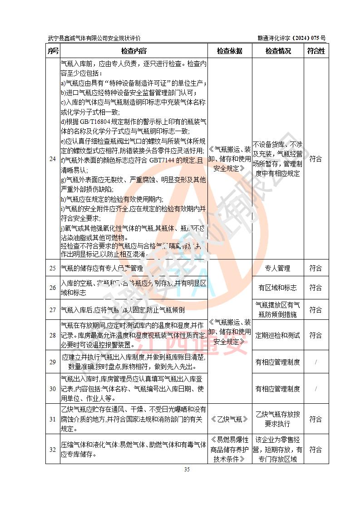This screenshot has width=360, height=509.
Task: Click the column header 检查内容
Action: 134,51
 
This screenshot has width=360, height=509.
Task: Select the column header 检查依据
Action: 230,51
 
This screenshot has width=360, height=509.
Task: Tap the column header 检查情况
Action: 278,51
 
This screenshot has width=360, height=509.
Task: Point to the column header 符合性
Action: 316,51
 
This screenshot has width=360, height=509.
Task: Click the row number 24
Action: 53,159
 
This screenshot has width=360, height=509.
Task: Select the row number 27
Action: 53,310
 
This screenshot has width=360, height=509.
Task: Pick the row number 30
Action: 53,389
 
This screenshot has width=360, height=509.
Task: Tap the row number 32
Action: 53,450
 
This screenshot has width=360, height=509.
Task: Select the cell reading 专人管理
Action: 278,269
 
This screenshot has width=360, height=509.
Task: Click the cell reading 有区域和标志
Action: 278,288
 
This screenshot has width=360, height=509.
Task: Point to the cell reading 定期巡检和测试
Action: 278,335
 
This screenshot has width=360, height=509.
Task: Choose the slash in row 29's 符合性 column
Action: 316,362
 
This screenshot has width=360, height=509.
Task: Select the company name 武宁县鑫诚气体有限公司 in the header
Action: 77,39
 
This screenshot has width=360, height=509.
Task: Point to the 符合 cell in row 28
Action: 316,335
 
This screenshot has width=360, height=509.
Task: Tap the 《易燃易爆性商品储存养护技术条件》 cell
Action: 230,450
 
